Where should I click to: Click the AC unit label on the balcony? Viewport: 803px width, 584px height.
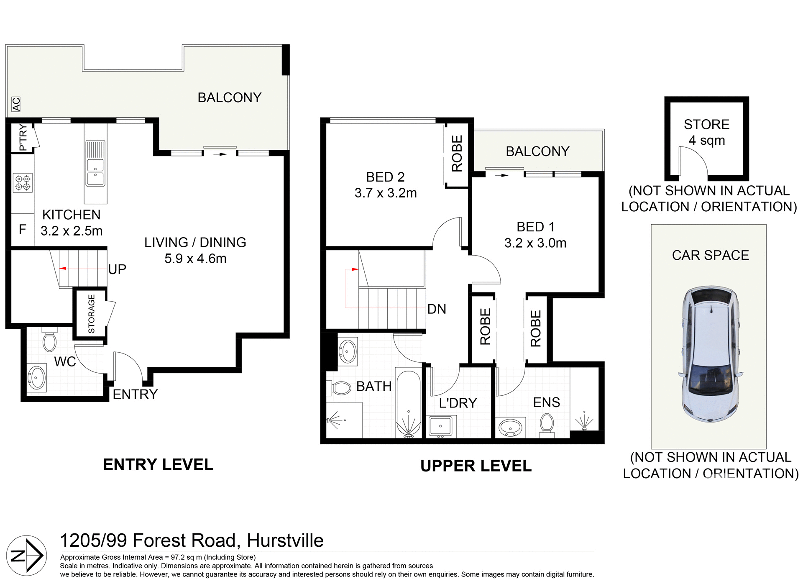[x=16, y=104]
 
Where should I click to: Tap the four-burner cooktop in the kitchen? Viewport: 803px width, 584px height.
[x=23, y=183]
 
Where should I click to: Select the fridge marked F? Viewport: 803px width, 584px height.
[x=23, y=229]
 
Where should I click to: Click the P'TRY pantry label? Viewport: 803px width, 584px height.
[x=23, y=137]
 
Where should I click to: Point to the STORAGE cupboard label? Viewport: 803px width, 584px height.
[x=91, y=314]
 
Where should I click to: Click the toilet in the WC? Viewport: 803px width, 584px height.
[x=49, y=341]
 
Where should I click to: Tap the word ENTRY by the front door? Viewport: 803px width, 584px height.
[x=135, y=394]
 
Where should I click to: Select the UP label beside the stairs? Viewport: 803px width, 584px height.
[x=117, y=269]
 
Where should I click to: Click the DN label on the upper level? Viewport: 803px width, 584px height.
[x=437, y=309]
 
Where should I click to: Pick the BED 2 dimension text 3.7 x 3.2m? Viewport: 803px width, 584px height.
[x=386, y=193]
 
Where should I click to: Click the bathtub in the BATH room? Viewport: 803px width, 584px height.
[x=408, y=403]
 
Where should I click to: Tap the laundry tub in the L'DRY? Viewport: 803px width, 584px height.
[x=440, y=426]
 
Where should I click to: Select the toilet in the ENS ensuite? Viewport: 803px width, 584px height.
[x=547, y=424]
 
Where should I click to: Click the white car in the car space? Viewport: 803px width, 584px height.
[x=709, y=353]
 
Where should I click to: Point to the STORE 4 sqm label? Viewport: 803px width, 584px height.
[x=706, y=132]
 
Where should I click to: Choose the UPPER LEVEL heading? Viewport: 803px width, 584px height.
[x=476, y=466]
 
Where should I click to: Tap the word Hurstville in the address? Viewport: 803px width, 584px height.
[x=285, y=540]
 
